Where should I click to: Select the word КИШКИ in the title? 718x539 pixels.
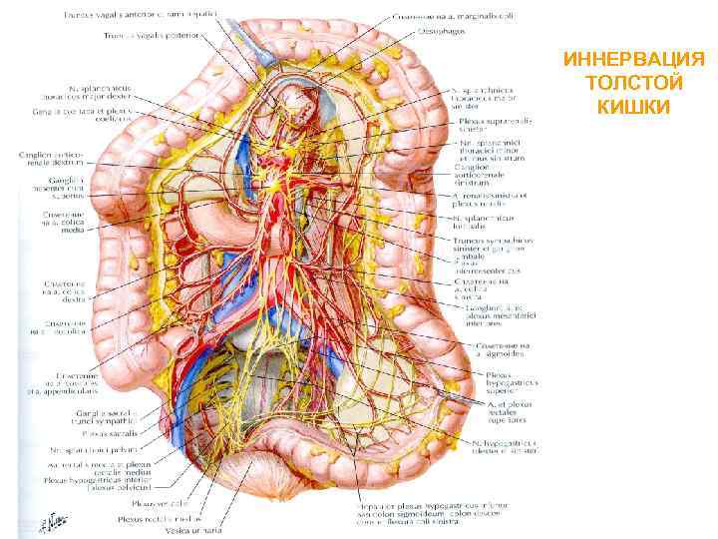pos(634,105)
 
